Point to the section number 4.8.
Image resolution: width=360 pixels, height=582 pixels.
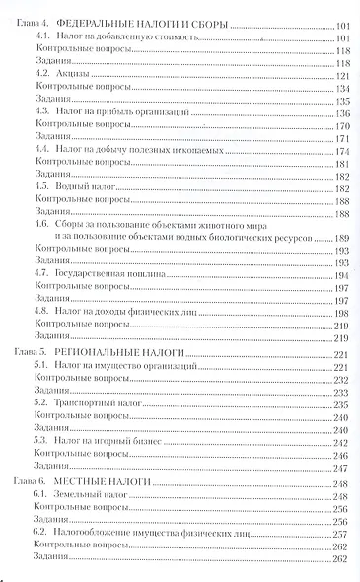click(42, 310)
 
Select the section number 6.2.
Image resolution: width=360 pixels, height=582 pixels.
click(42, 531)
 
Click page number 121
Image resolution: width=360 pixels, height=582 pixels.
click(343, 75)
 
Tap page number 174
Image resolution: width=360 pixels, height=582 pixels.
click(343, 151)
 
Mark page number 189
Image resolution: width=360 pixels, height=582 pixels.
click(343, 239)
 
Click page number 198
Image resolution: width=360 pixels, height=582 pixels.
click(343, 310)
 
